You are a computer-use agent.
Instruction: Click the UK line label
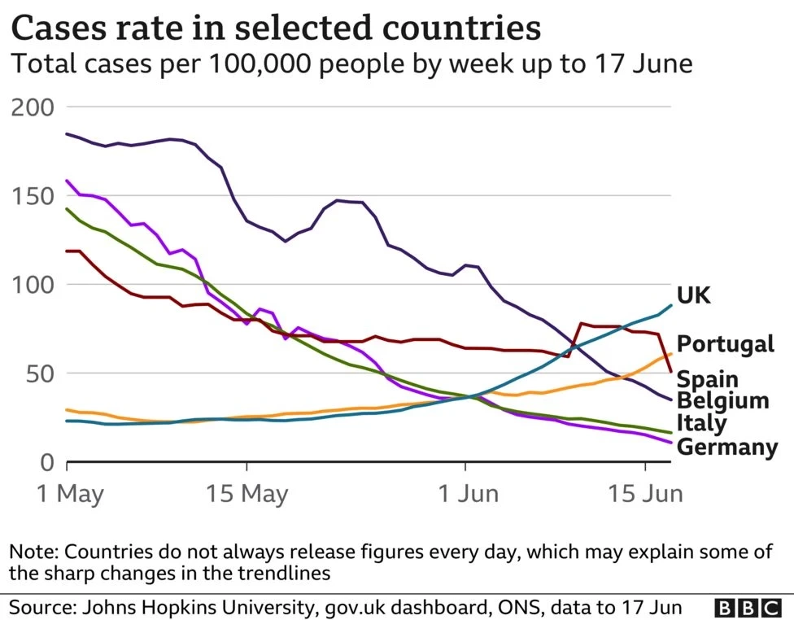pos(693,295)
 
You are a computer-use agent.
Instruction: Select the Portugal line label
pos(725,343)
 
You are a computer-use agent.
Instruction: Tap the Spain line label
pos(707,379)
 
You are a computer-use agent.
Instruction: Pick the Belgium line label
pos(722,400)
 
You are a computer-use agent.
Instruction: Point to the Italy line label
pos(701,423)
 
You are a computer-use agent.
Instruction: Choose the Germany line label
pos(727,447)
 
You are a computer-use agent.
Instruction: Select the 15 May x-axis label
pos(247,494)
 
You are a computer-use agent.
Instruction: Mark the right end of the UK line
pos(671,305)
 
